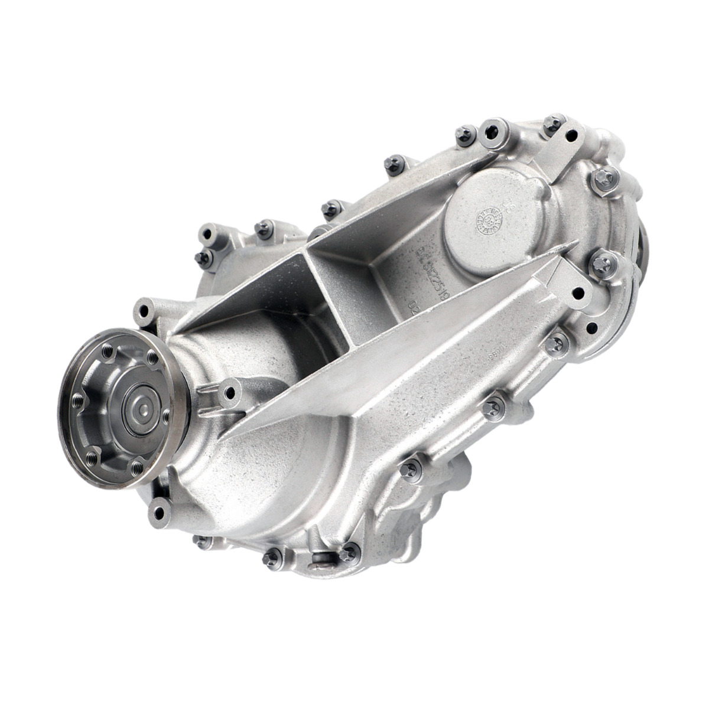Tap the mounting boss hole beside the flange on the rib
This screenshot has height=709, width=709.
pyautogui.click(x=229, y=392)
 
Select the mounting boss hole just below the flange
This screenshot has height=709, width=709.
pyautogui.click(x=160, y=511)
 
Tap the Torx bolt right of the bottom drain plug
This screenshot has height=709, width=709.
pyautogui.click(x=350, y=553)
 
